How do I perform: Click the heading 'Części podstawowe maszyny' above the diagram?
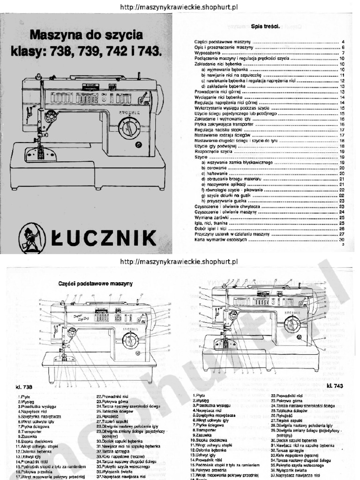96,284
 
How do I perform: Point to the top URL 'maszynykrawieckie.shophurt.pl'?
180,7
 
